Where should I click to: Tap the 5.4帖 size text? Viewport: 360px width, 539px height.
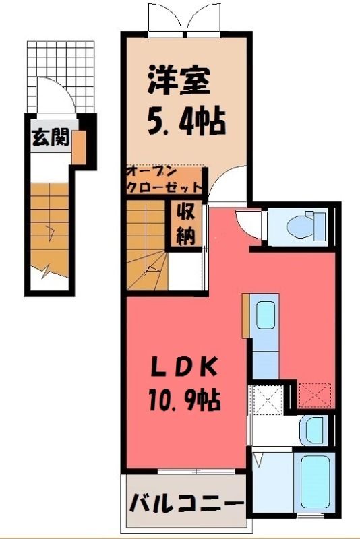click(x=186, y=121)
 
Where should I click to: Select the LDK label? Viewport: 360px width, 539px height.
click(x=184, y=367)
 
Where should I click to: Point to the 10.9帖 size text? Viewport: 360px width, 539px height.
click(x=184, y=399)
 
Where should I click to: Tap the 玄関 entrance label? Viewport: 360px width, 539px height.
click(x=51, y=137)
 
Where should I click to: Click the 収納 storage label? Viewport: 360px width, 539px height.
click(x=186, y=224)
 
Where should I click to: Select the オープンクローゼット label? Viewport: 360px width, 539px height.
click(x=164, y=180)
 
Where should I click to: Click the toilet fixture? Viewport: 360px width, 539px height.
click(x=306, y=226)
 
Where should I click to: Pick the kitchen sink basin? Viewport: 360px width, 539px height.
click(x=266, y=315)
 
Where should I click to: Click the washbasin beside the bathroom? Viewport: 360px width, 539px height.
click(x=312, y=431)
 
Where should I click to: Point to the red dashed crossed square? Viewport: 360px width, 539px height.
click(x=315, y=395)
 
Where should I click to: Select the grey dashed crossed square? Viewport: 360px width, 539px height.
click(x=268, y=400)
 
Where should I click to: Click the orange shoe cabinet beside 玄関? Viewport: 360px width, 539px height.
click(x=78, y=148)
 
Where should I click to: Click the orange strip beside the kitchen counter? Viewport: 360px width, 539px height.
click(x=245, y=315)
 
